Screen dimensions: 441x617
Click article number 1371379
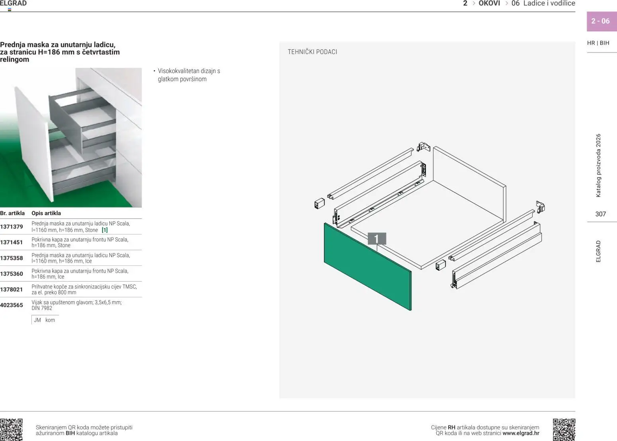point(12,227)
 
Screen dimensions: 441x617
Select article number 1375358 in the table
point(12,258)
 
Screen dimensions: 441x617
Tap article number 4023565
point(12,305)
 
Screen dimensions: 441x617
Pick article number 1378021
point(12,290)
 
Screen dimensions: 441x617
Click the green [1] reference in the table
point(105,230)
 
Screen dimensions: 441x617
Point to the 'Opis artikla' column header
point(46,213)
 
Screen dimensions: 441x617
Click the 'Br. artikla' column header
point(12,213)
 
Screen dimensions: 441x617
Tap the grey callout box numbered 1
point(377,239)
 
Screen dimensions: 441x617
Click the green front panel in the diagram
point(366,267)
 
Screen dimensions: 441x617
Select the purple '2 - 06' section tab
point(601,21)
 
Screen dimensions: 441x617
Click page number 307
point(600,214)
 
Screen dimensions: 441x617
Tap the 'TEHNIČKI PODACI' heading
point(312,52)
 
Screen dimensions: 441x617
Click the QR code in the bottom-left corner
point(11,429)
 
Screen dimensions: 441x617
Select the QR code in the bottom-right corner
point(564,429)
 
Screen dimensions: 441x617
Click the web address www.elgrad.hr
point(521,433)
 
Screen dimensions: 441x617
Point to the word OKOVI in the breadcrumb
point(489,4)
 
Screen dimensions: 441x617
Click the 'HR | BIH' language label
point(598,43)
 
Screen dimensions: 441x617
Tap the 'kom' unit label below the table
point(50,320)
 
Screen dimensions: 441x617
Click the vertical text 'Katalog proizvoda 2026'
point(598,166)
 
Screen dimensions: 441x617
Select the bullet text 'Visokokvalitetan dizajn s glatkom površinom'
point(189,75)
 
